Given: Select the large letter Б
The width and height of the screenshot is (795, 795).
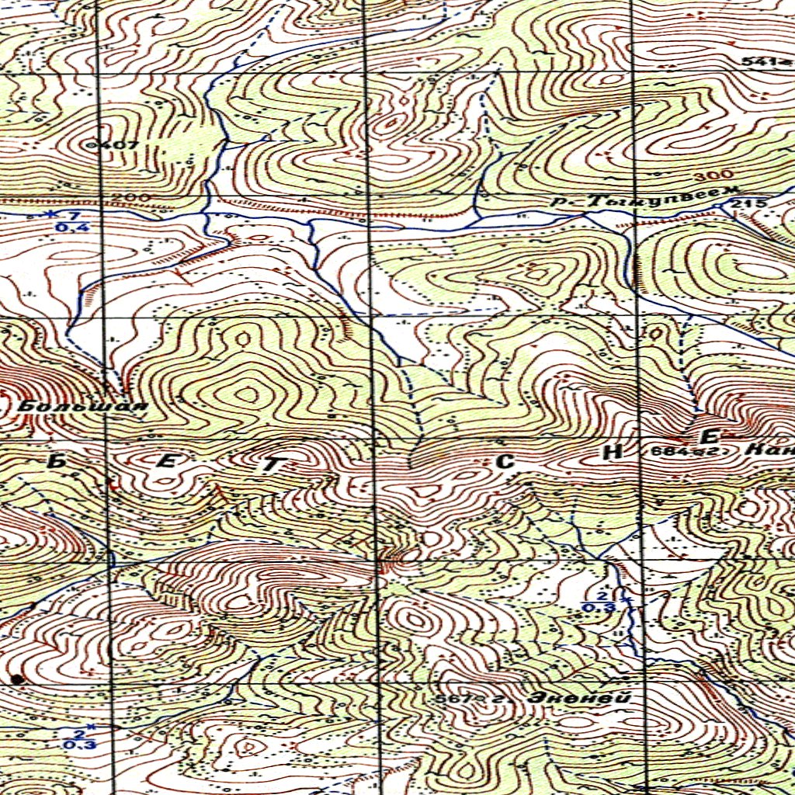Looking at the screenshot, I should [57, 461].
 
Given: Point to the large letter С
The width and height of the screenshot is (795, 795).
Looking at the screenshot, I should [505, 461].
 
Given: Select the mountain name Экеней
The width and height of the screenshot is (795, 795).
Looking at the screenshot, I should [578, 698].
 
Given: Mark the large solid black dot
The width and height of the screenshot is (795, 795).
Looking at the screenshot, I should [17, 679].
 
